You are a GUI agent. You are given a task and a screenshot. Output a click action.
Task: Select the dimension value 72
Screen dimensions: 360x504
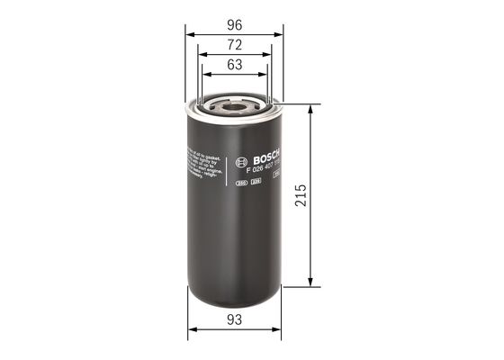234,43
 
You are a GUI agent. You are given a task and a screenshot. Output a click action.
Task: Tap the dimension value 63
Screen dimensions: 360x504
234,65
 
